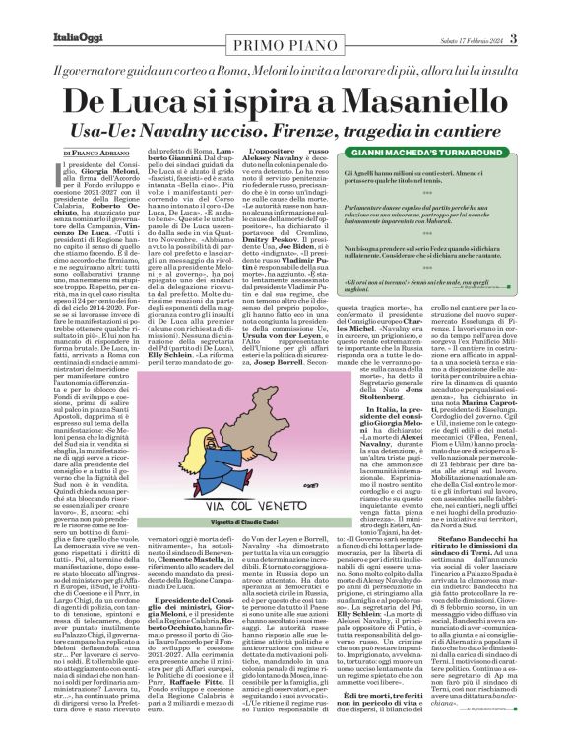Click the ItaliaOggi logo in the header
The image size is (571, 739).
tap(40, 12)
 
